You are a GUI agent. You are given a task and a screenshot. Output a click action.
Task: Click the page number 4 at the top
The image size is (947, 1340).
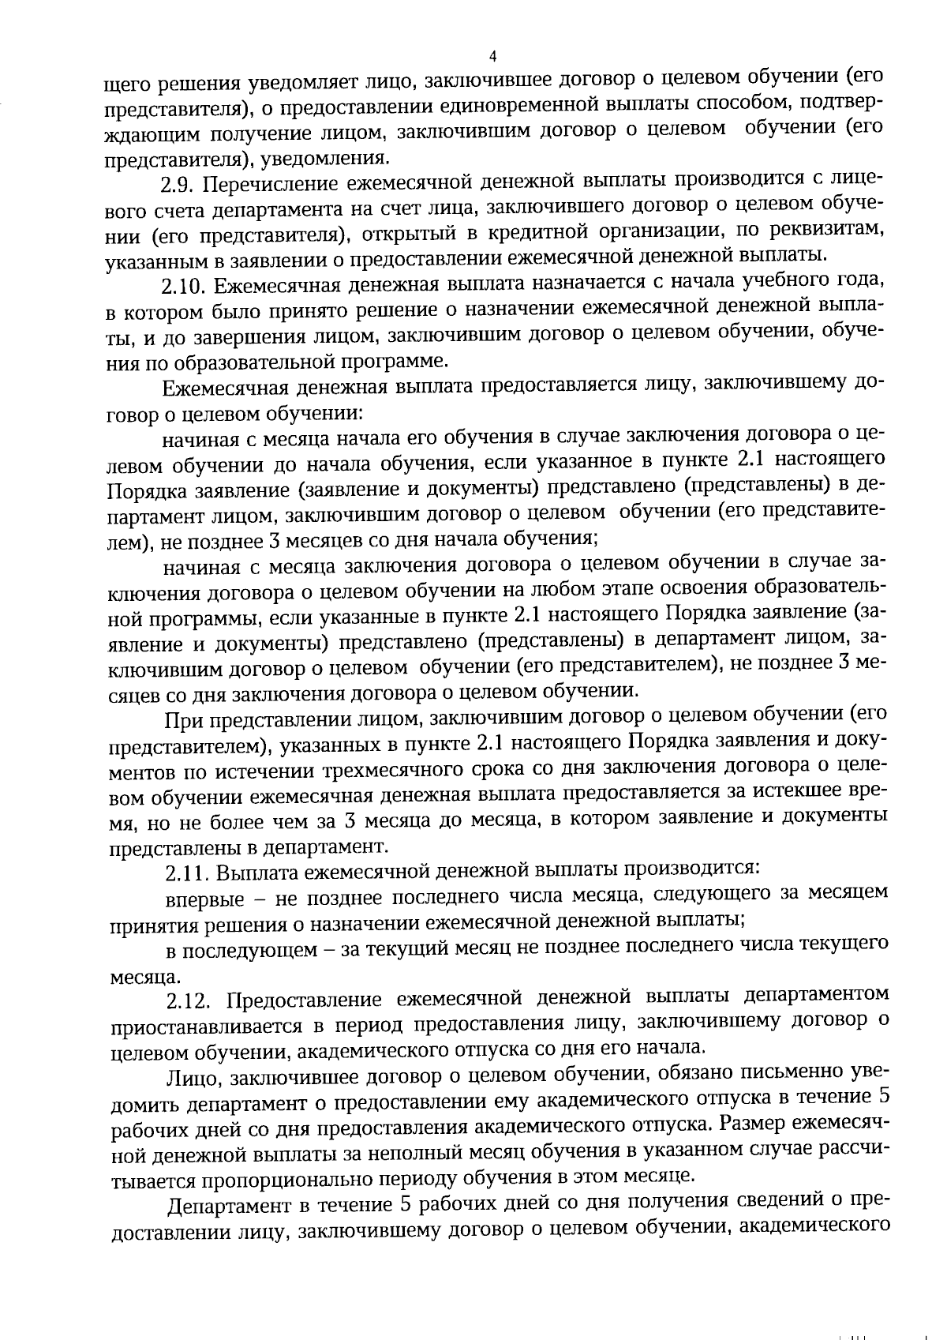coord(492,57)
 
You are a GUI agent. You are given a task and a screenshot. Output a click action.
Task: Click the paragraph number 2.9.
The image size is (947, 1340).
coord(178,186)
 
